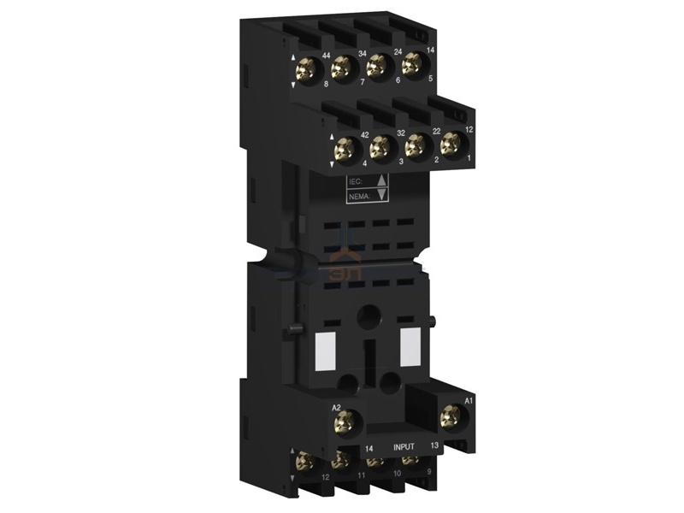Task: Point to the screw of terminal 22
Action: click(415, 144)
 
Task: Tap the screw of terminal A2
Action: click(345, 420)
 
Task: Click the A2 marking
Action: click(337, 402)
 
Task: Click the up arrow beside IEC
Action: click(382, 180)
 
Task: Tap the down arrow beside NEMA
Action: click(382, 195)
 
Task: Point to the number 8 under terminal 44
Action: click(326, 85)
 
